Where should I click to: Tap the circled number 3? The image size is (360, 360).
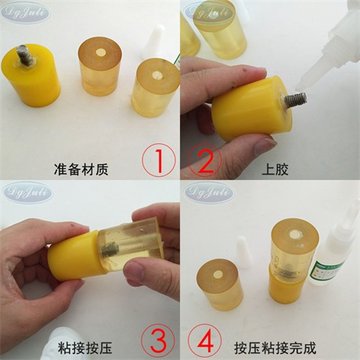point(158,340)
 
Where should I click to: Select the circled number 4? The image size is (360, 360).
point(204,340)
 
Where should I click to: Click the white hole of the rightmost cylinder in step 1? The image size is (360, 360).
point(157,77)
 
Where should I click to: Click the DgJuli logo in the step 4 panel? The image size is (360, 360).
point(207,190)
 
